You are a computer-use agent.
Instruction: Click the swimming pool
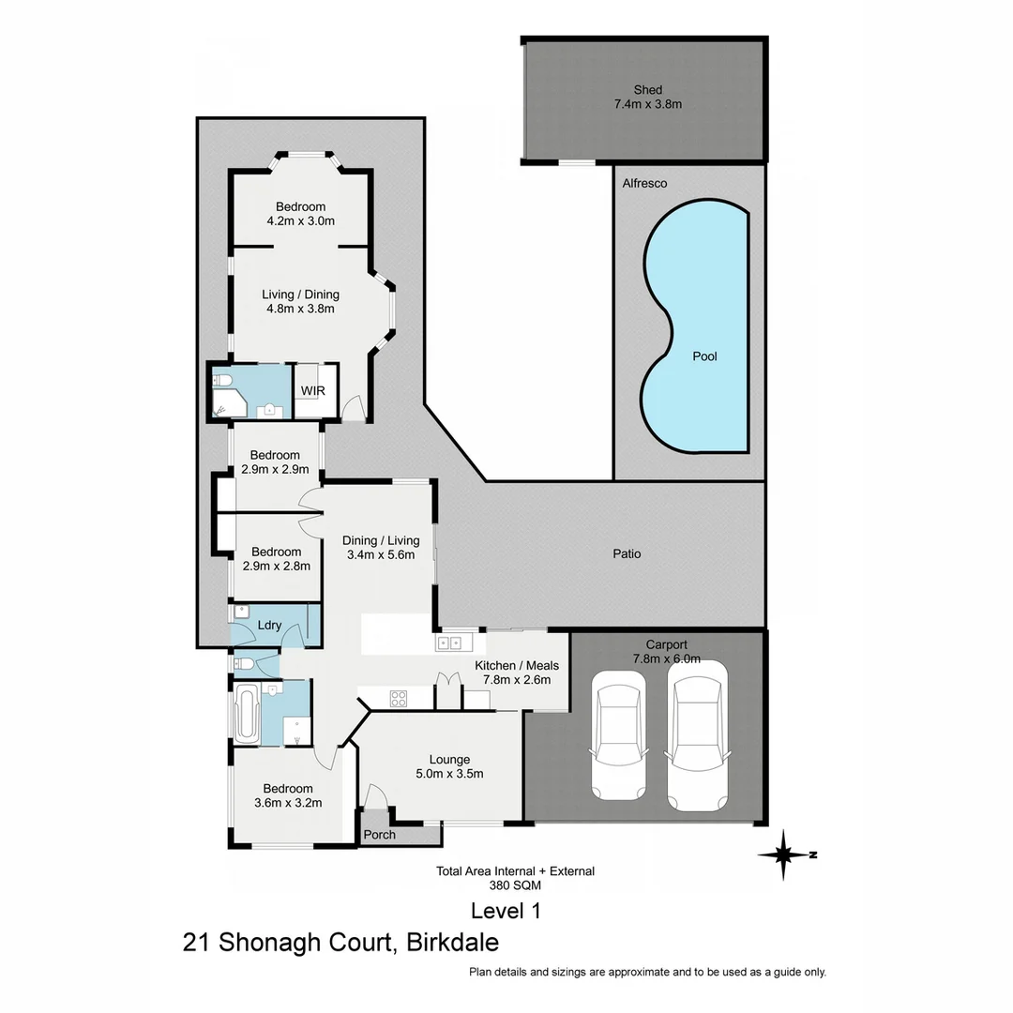click(696, 328)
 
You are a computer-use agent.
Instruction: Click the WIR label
click(312, 390)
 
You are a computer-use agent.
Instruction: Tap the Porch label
click(379, 835)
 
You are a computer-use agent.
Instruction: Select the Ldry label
click(270, 625)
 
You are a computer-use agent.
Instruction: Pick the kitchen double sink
click(447, 643)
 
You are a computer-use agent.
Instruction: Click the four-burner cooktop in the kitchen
click(399, 698)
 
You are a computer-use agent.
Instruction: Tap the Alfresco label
click(645, 184)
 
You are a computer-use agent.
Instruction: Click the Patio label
click(627, 553)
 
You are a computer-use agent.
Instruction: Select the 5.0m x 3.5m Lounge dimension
click(450, 774)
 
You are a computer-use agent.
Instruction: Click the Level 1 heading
click(506, 910)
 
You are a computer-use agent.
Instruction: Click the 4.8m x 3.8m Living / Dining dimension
click(300, 308)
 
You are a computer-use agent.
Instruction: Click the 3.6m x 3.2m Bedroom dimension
click(288, 803)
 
